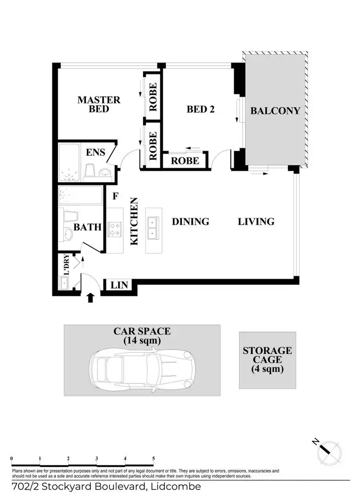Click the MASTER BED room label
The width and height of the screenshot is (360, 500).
[x=99, y=104]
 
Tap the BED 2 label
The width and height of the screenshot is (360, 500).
[x=200, y=109]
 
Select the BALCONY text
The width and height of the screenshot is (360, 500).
[x=276, y=110]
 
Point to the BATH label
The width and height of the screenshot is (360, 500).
[x=87, y=227]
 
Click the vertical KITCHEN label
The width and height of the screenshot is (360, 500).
[x=135, y=221]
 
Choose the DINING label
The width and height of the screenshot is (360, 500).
[x=191, y=221]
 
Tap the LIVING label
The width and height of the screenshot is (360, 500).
[x=256, y=221]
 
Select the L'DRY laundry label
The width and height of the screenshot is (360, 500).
[x=66, y=264]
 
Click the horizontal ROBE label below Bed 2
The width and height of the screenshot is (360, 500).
[x=185, y=160]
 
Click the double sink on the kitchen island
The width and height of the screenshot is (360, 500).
[x=152, y=228]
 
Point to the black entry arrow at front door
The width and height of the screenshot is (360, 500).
[x=90, y=298]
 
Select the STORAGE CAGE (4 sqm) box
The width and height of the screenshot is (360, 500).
[x=267, y=360]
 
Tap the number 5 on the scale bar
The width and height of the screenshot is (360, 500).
[x=153, y=459]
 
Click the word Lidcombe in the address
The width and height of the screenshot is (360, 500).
[x=176, y=487]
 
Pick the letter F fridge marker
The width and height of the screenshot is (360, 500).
[x=115, y=196]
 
